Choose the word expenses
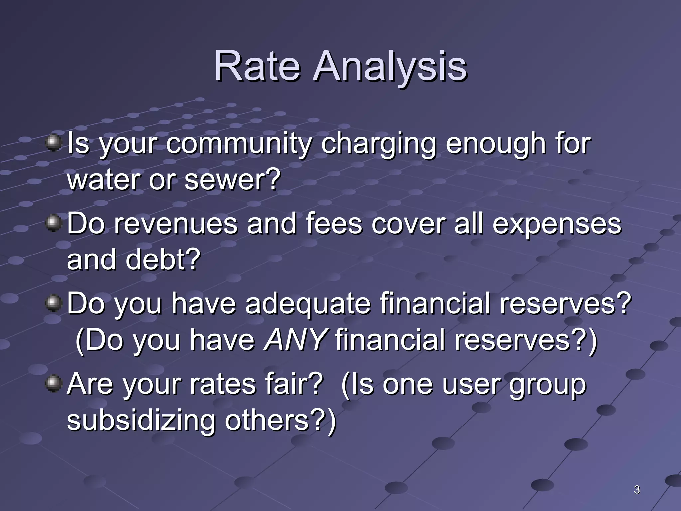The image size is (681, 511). point(557,224)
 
